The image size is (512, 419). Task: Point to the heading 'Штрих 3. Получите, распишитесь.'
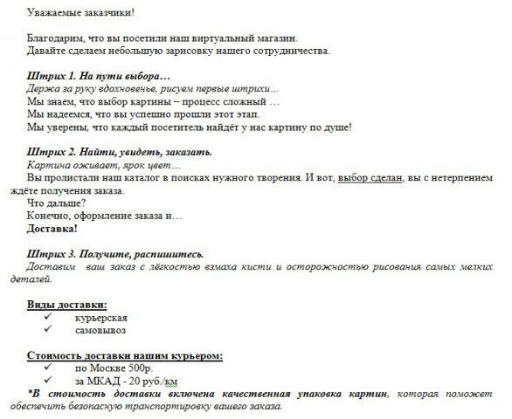pos(116,254)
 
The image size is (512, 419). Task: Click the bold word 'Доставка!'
pos(52,229)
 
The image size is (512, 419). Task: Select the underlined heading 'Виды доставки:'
pos(67,305)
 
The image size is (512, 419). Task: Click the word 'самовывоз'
pos(100,331)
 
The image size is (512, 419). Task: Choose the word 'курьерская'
pos(101,318)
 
